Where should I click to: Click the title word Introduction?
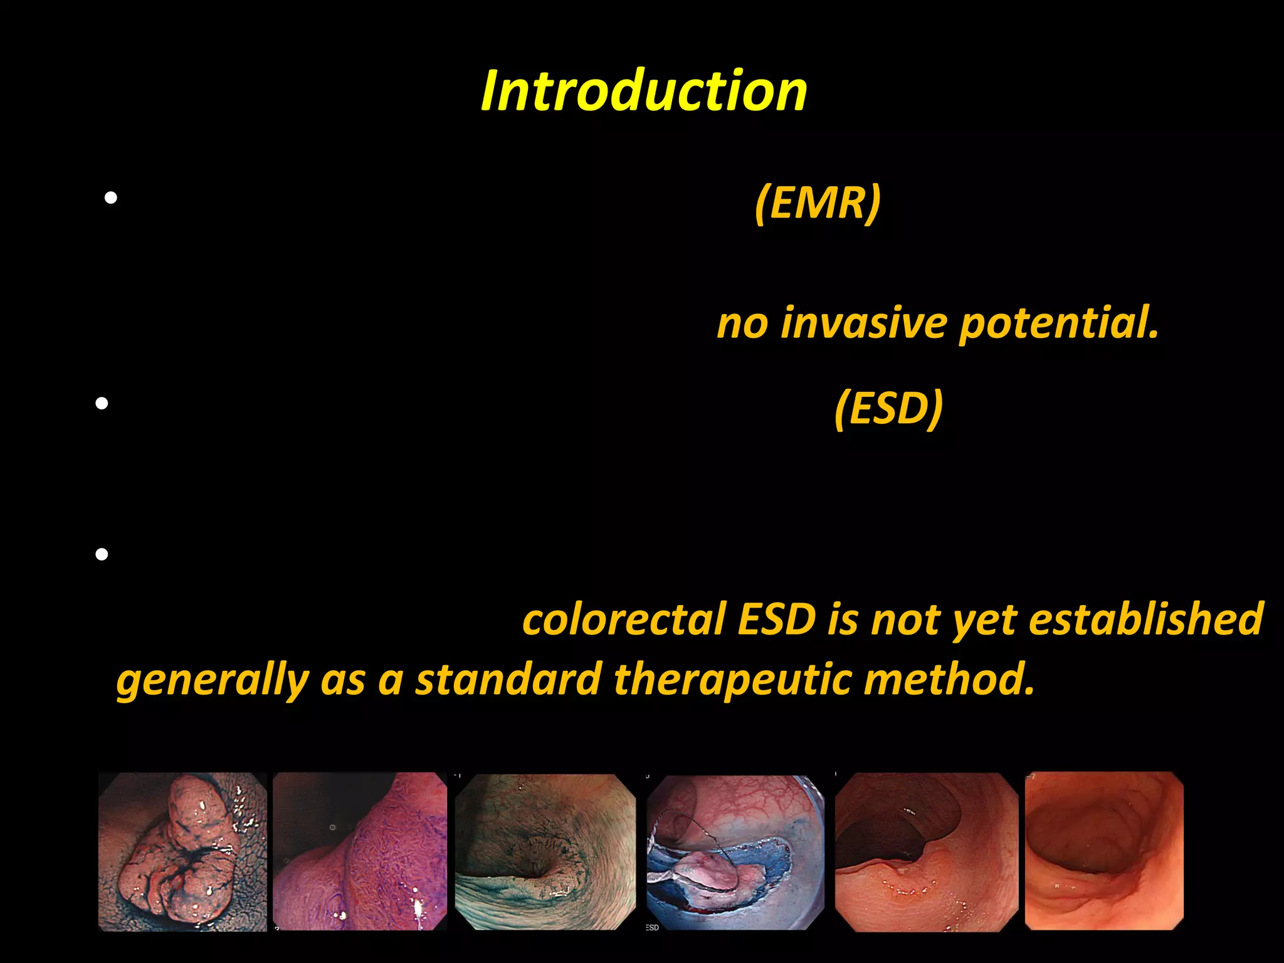coord(644,92)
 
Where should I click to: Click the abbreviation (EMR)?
coord(818,203)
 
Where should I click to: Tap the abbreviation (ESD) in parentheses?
coord(888,408)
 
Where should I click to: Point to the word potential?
coord(1058,324)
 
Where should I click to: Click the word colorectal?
coord(623,619)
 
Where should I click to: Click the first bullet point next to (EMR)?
coord(111,199)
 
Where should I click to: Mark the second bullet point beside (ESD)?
coord(102,404)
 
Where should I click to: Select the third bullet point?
coord(102,554)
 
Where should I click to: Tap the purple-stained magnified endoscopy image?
coord(360,851)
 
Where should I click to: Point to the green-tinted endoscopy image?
coord(545,851)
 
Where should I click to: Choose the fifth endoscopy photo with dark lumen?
coord(926,851)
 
